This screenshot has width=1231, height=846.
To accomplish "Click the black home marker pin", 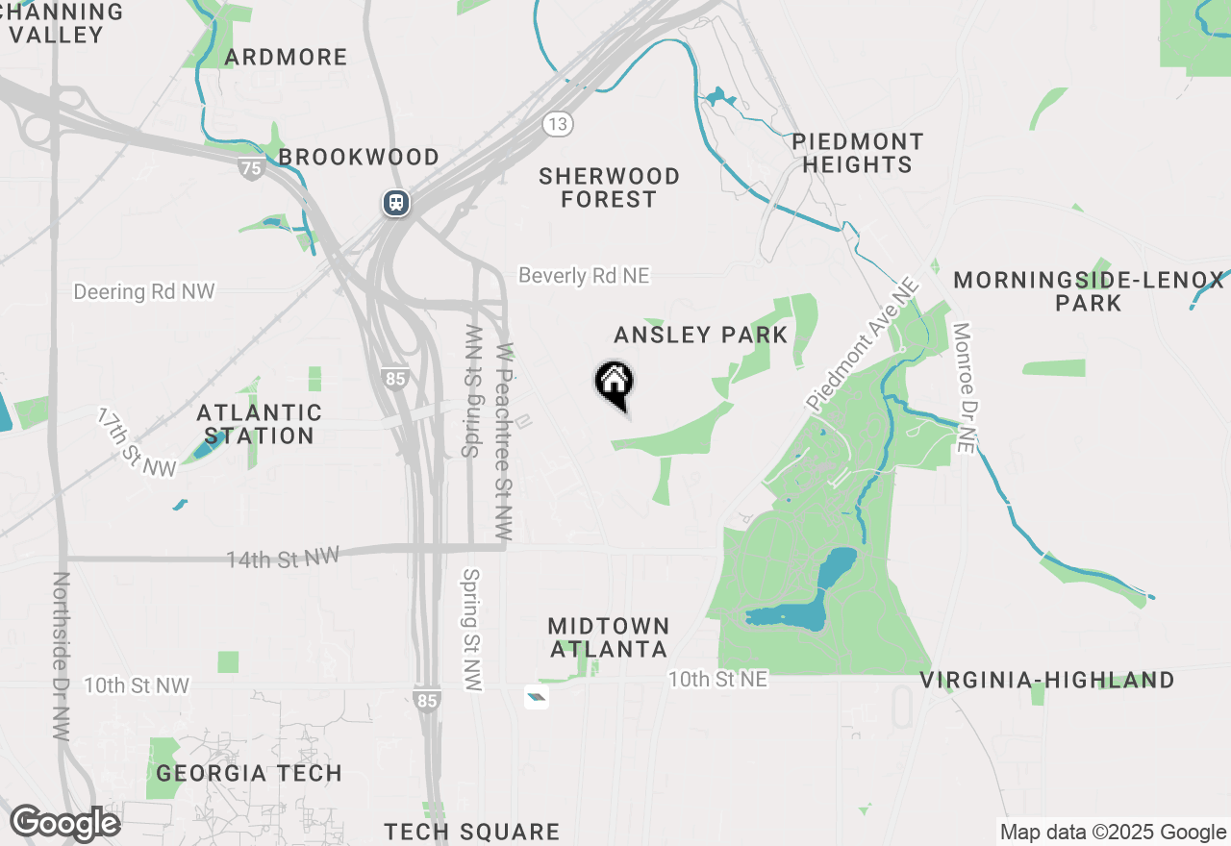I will tap(614, 383).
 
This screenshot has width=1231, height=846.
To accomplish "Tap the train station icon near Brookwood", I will tap(395, 203).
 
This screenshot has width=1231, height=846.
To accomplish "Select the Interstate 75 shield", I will tap(251, 168).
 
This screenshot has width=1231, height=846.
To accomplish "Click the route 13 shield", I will tap(557, 123).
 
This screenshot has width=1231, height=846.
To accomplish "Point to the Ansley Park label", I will tap(701, 335).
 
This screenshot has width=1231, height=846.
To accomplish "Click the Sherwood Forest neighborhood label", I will tap(609, 187).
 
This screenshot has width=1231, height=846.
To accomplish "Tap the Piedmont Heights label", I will tap(858, 153).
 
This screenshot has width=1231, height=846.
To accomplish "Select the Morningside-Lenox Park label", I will tap(1089, 291).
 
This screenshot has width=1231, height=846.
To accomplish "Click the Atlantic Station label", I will tap(259, 424).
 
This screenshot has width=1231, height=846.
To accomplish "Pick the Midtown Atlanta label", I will tap(608, 637).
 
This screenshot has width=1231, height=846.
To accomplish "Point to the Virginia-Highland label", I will tap(1046, 681).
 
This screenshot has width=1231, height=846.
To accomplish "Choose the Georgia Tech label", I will tap(249, 773).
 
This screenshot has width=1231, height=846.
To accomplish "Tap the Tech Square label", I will tap(471, 832).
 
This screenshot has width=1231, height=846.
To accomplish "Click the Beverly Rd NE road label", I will tap(584, 276).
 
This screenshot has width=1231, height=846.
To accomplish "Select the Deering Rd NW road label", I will tap(144, 291).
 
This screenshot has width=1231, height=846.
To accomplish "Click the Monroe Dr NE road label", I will tap(964, 387).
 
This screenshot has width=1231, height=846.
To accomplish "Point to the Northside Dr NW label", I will tap(62, 656).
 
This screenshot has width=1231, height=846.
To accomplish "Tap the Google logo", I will tap(64, 824).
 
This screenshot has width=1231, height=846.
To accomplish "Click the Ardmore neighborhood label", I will tap(286, 57).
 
